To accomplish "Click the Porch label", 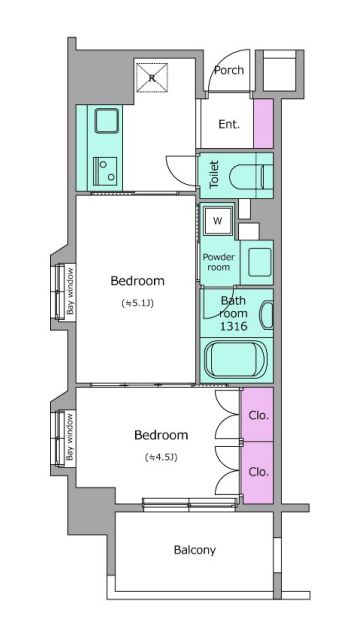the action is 229,70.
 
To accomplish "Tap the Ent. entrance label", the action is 229,124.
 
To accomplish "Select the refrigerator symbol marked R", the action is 152,78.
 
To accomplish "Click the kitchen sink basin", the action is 107,121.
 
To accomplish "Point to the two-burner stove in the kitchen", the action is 105,171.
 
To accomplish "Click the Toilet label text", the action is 214,174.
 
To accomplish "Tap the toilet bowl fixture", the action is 251,176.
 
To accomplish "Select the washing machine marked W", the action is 218,221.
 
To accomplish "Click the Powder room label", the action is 218,262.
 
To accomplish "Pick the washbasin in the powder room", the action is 260,262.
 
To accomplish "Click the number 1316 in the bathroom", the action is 233,326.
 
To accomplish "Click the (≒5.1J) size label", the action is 137,303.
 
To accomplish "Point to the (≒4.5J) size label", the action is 161,458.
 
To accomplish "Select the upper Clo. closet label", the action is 259,416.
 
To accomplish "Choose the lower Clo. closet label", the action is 259,472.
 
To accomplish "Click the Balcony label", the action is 195,550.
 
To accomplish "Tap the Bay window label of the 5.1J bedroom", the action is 70,291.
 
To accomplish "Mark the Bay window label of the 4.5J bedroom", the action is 70,437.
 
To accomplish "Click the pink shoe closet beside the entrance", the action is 263,124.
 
